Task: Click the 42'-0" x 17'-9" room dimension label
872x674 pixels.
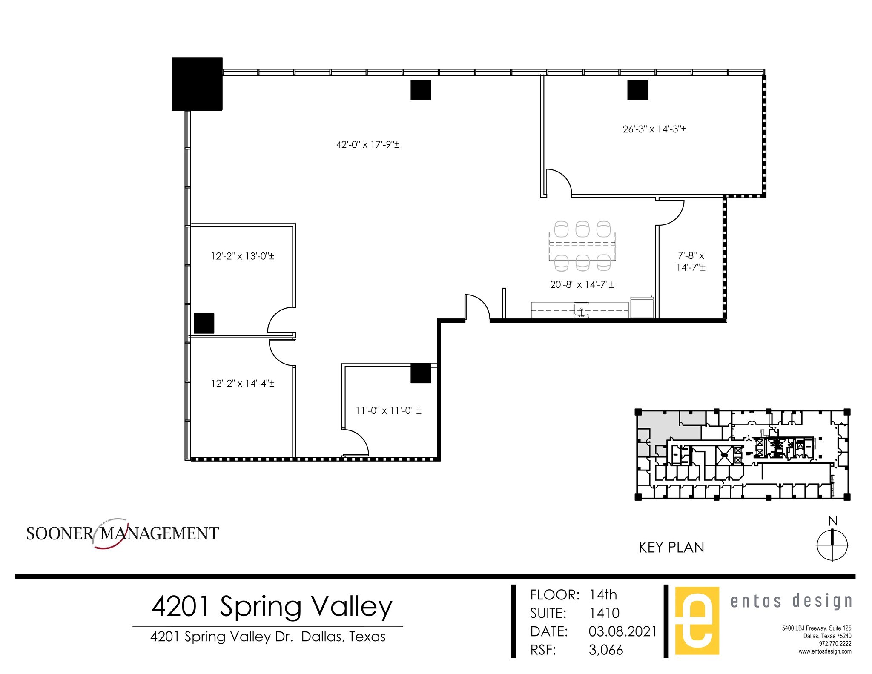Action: tap(368, 145)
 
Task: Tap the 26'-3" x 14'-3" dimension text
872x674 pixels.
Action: tap(654, 129)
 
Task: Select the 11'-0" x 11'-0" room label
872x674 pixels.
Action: tap(388, 411)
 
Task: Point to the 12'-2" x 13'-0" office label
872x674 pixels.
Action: tap(242, 256)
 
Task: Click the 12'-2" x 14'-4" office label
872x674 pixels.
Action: tap(242, 384)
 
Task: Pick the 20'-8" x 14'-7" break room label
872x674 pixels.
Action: tap(582, 285)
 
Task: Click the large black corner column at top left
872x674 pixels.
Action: tap(197, 84)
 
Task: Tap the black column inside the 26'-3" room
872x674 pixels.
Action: tap(637, 90)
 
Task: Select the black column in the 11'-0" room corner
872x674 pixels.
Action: tap(420, 373)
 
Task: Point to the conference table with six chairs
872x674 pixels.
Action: tap(582, 246)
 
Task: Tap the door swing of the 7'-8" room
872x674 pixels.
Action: tap(671, 213)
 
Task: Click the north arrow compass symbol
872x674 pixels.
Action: tap(832, 545)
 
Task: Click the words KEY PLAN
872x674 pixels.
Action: tap(671, 548)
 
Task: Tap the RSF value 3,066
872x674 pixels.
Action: tap(606, 650)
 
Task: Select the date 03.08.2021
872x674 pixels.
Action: tap(622, 631)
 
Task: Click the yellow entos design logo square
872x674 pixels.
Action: tap(697, 620)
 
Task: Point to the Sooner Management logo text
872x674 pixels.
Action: tap(123, 533)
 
